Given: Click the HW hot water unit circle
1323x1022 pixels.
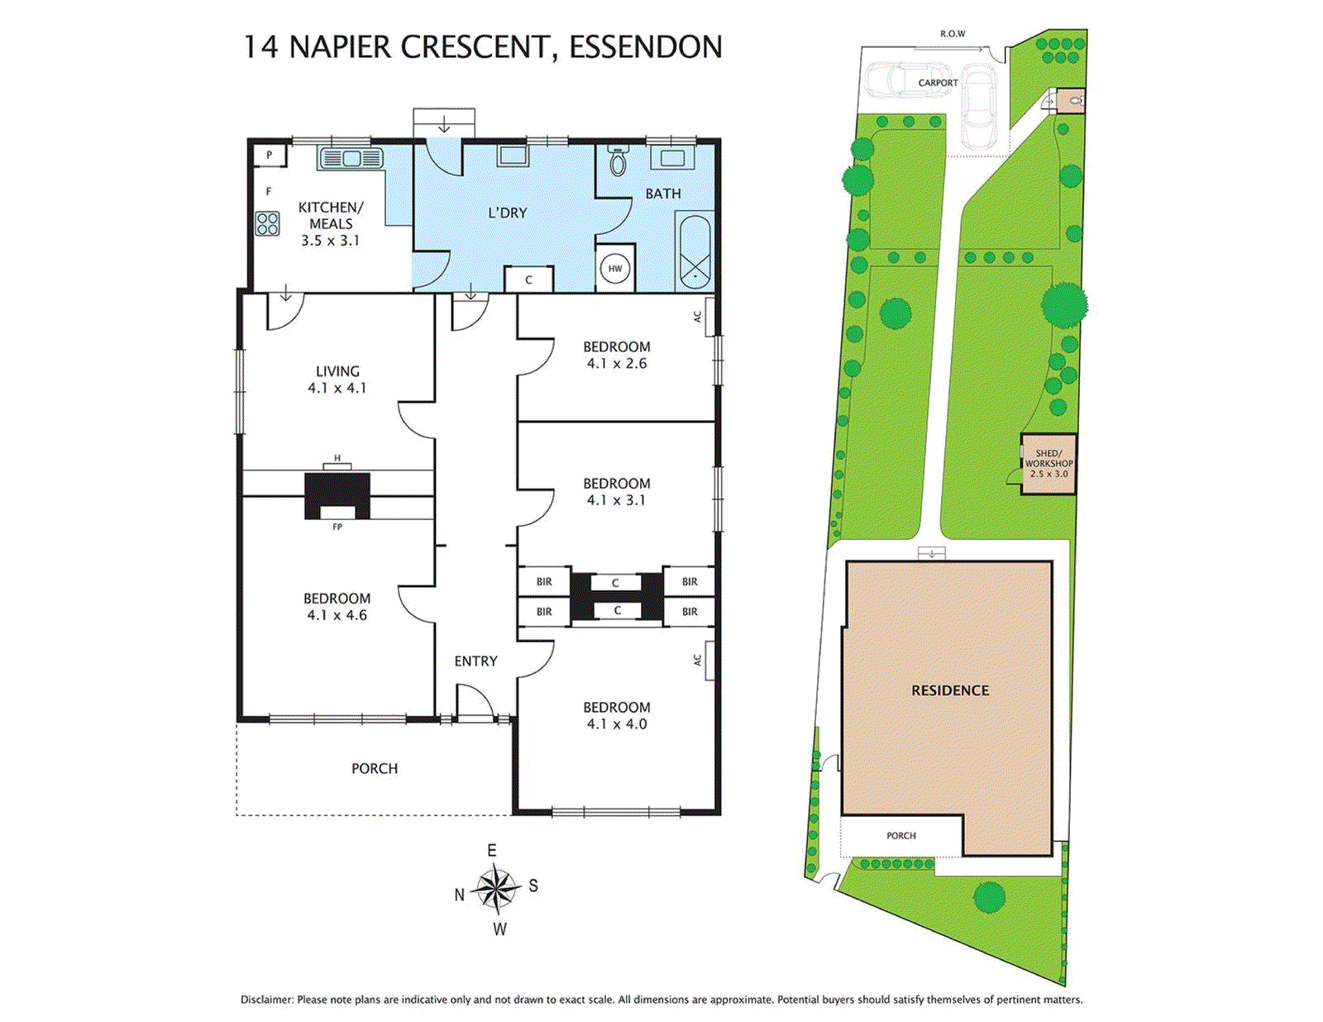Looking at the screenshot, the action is (x=615, y=269).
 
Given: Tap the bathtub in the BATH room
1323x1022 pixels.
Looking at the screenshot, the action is (x=694, y=251).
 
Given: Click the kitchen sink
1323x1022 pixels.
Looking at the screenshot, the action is (x=350, y=158).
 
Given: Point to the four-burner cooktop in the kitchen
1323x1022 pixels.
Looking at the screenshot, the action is (x=267, y=223).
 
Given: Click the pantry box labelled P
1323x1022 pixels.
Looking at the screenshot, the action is (x=269, y=155).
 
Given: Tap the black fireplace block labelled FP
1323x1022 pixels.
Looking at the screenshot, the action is (x=337, y=496).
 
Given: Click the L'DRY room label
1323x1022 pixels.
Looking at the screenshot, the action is (x=507, y=213).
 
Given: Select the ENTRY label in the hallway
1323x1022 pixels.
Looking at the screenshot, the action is (x=475, y=661).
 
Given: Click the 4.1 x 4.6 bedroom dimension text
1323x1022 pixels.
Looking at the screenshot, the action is (x=337, y=615).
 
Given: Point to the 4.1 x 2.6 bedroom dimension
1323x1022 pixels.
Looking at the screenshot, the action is (x=617, y=364).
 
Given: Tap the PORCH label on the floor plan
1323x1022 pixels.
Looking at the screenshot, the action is (x=375, y=769).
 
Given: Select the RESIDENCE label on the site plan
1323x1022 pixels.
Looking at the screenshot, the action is (x=950, y=690).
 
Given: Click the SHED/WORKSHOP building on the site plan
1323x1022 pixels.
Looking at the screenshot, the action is (x=1048, y=464).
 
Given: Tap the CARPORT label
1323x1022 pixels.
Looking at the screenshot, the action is (x=938, y=83).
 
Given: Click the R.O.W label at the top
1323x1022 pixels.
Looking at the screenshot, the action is (x=953, y=34).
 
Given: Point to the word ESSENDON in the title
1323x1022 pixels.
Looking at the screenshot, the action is (x=646, y=47).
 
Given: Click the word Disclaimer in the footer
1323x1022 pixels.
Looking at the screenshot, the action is (x=267, y=1000).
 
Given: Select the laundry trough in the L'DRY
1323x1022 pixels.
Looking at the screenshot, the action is (x=513, y=155).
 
